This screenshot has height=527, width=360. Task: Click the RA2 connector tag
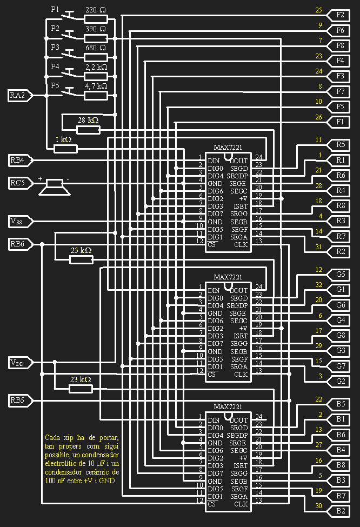point(17,96)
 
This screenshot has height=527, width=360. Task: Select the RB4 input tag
point(17,160)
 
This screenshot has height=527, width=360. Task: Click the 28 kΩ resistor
point(88,130)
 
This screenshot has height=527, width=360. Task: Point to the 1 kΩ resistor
point(66,148)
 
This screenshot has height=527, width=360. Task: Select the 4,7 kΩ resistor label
point(96,86)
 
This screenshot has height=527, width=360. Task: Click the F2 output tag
point(340,15)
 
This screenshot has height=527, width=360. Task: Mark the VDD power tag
point(17,363)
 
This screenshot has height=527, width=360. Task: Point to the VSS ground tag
point(17,221)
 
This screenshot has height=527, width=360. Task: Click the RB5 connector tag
point(17,401)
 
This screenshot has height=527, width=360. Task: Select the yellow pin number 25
point(318,10)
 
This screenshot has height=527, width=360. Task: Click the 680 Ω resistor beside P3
point(96,57)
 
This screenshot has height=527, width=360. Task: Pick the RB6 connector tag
point(17,244)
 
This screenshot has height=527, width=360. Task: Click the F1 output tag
point(340,122)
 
